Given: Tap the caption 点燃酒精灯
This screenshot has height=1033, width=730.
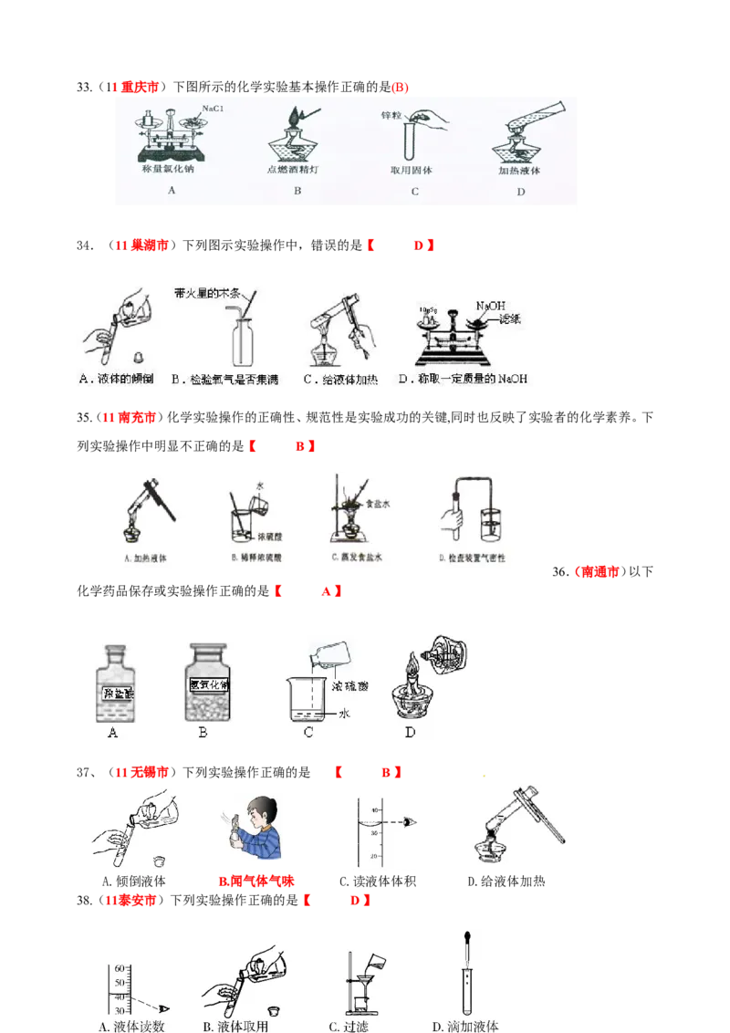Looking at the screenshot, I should coord(297,170).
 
